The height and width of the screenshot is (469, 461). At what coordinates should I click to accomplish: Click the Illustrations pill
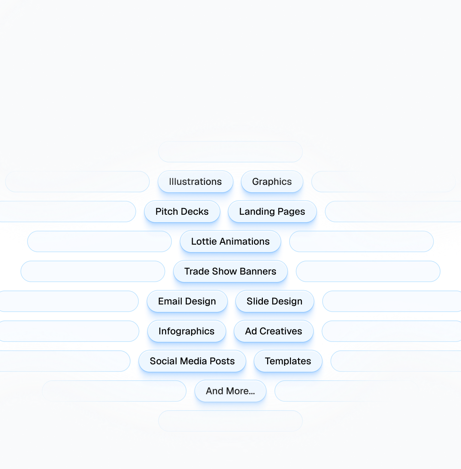coord(195,182)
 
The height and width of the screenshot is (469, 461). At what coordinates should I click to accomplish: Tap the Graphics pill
coord(272,182)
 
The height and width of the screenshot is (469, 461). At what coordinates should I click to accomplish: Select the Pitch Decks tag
coord(182,212)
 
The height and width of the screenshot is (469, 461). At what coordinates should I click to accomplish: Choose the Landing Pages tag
coord(272,212)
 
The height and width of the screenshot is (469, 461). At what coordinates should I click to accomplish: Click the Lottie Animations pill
coord(230,241)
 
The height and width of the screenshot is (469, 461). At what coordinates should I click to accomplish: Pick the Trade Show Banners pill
coord(230,271)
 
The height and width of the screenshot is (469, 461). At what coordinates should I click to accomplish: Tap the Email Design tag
coord(187,301)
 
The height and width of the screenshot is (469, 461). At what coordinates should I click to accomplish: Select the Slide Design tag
coord(274,301)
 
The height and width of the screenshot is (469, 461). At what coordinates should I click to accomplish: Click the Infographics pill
coord(186,331)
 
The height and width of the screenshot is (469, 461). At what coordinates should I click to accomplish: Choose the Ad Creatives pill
coord(273,331)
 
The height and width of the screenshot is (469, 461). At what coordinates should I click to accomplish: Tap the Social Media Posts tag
coord(192,361)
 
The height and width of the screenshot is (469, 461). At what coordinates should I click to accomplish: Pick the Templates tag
coord(288,361)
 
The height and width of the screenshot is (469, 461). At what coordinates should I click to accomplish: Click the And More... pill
coord(230,391)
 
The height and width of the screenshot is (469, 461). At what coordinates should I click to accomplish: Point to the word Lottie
coord(204,241)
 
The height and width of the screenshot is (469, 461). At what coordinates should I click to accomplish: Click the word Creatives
coord(281,331)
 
